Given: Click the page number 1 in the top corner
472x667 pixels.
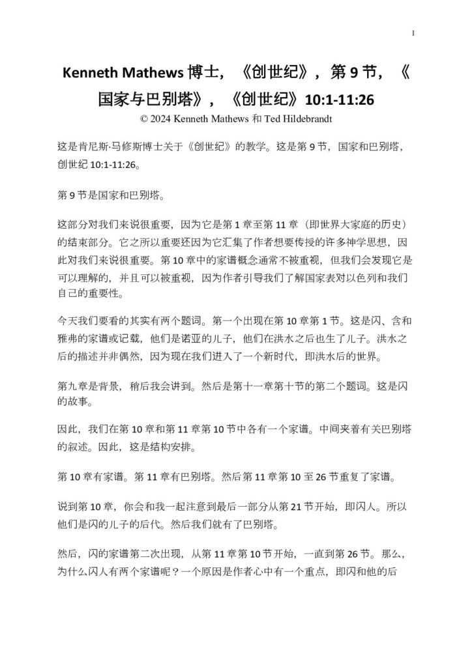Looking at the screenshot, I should click(413, 33).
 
